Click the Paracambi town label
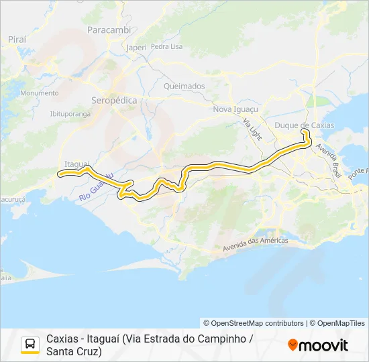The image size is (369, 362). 109,31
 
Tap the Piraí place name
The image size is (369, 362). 17,40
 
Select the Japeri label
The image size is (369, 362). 136,48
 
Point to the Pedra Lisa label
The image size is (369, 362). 167,46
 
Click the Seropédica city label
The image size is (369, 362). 114,100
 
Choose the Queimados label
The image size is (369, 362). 184,86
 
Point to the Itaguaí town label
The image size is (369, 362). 75,163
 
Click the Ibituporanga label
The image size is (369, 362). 70,113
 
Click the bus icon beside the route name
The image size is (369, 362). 30,345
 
